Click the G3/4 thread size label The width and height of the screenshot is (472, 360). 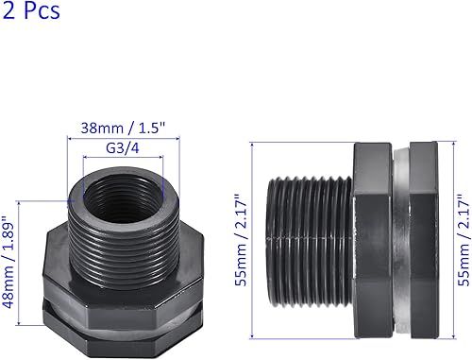122,147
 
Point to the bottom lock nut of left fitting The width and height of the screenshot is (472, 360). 123,326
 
